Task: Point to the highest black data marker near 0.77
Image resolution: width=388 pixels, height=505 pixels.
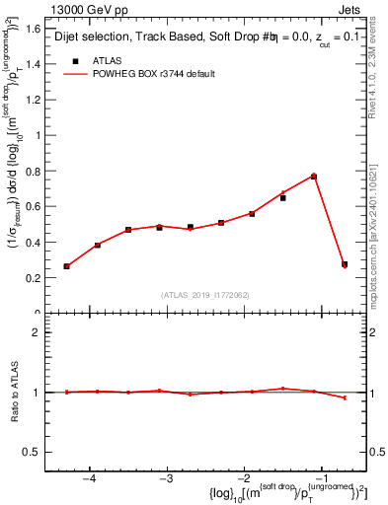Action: pos(313,177)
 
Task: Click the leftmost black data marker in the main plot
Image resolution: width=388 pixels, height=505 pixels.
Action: pos(67,266)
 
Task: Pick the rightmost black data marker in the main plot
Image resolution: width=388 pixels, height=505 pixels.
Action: pos(344,264)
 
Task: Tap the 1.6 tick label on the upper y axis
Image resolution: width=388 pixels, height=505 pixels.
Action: pos(34,30)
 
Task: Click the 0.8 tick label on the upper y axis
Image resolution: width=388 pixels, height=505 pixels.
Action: pos(34,172)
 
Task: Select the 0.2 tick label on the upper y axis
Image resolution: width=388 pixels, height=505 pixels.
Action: pos(34,279)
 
